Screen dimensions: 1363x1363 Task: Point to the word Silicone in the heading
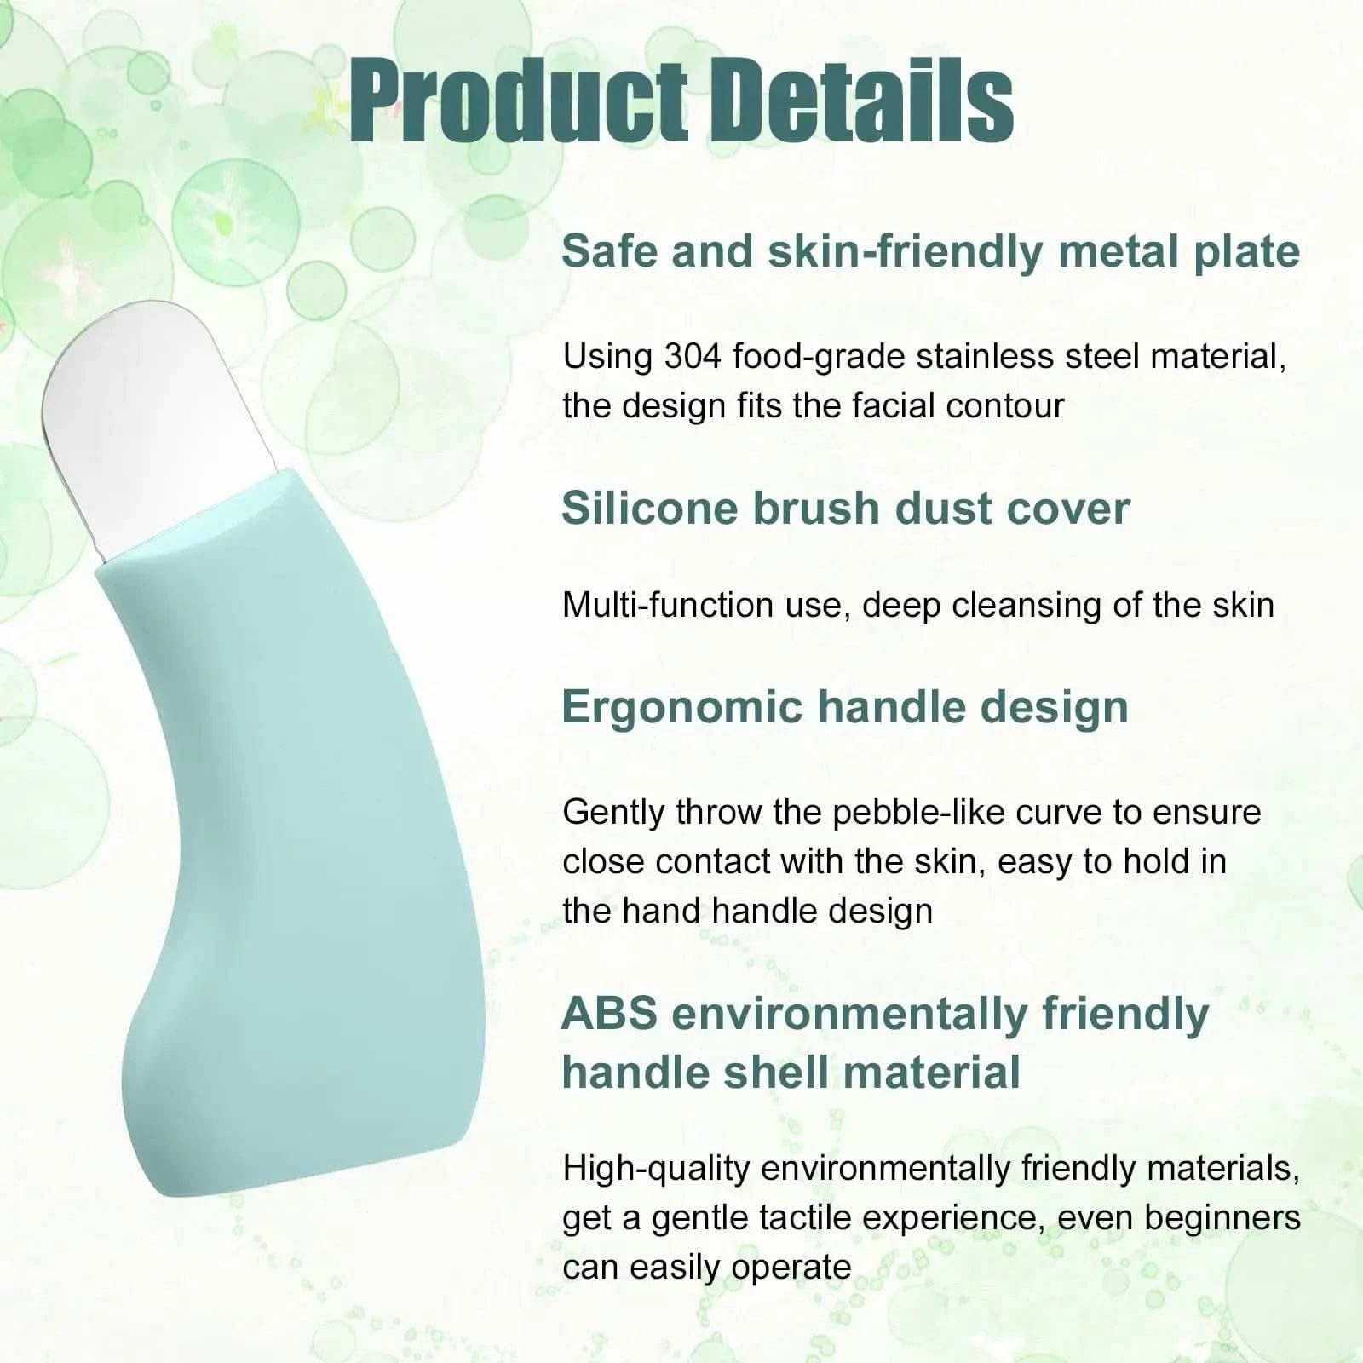click(648, 509)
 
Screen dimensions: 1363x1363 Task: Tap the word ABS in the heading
click(610, 1014)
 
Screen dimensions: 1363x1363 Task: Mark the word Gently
click(614, 814)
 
